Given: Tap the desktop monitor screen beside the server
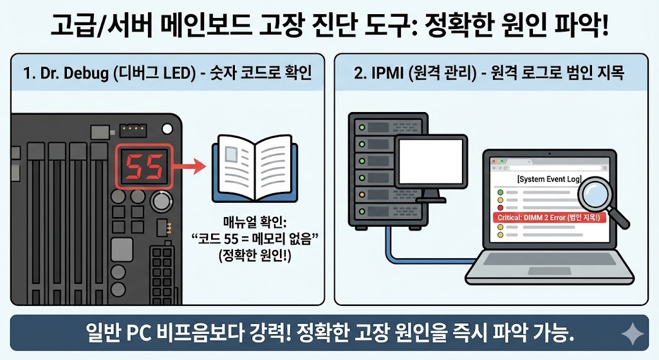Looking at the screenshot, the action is tap(429, 158).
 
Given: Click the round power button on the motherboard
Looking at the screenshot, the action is tap(160, 203).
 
